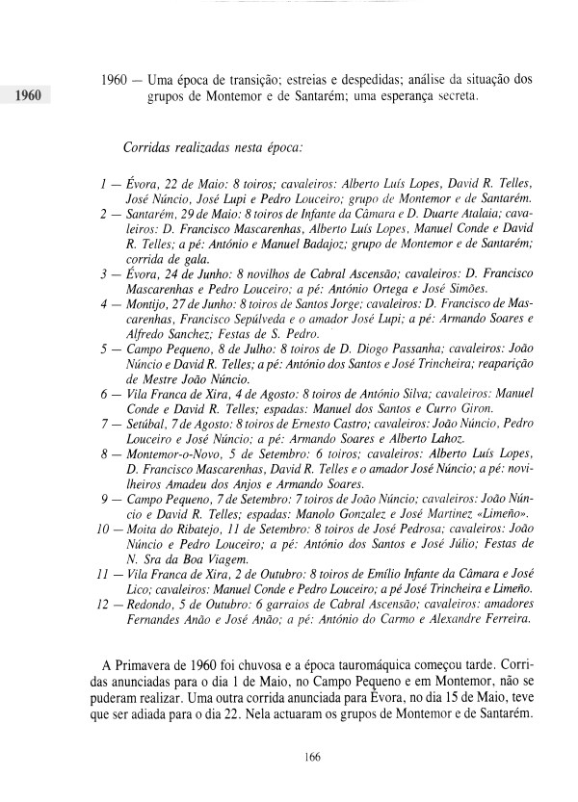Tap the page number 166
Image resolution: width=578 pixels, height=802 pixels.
pos(310,758)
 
